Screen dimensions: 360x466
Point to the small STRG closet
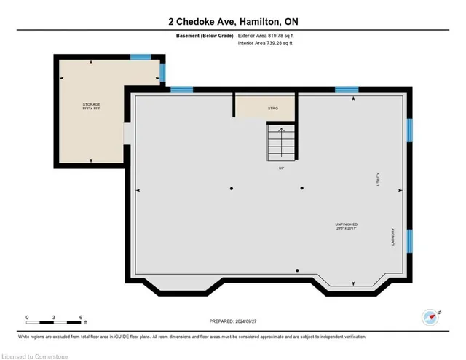(x=273, y=109)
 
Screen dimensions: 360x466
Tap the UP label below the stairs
(x=281, y=168)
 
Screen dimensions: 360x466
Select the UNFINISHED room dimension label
(x=347, y=226)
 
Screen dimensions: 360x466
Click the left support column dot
(x=232, y=189)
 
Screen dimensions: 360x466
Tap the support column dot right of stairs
(x=301, y=189)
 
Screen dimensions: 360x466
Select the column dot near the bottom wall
(x=296, y=270)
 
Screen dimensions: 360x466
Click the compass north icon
(x=430, y=317)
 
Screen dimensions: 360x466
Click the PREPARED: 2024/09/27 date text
(x=233, y=321)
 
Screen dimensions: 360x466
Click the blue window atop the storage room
(x=141, y=57)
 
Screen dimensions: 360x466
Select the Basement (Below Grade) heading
(x=202, y=35)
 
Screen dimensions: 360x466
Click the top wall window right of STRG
(x=346, y=90)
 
